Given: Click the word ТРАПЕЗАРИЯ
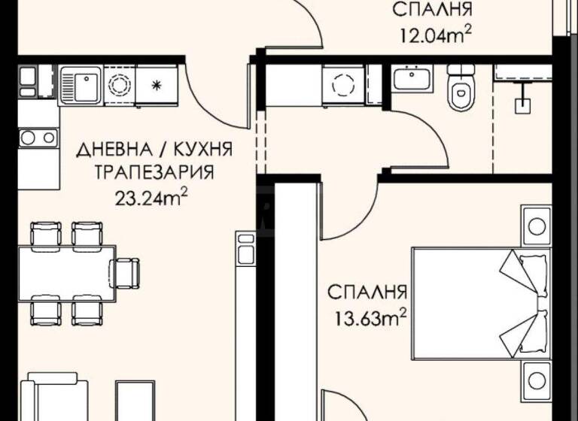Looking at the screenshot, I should click(x=154, y=172).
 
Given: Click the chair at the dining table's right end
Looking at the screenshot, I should click(x=124, y=270).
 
